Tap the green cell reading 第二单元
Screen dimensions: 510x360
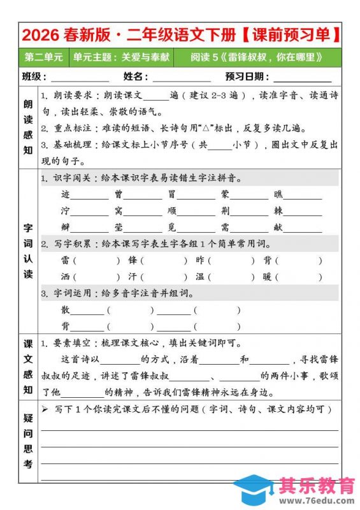click(43, 57)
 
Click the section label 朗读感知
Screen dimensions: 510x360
click(29, 127)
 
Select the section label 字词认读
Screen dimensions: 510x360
click(29, 250)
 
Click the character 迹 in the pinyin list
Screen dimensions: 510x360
click(66, 194)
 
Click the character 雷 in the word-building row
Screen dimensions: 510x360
click(66, 260)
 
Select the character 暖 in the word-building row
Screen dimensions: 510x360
click(267, 277)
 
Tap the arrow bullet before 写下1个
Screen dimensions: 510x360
click(45, 409)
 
